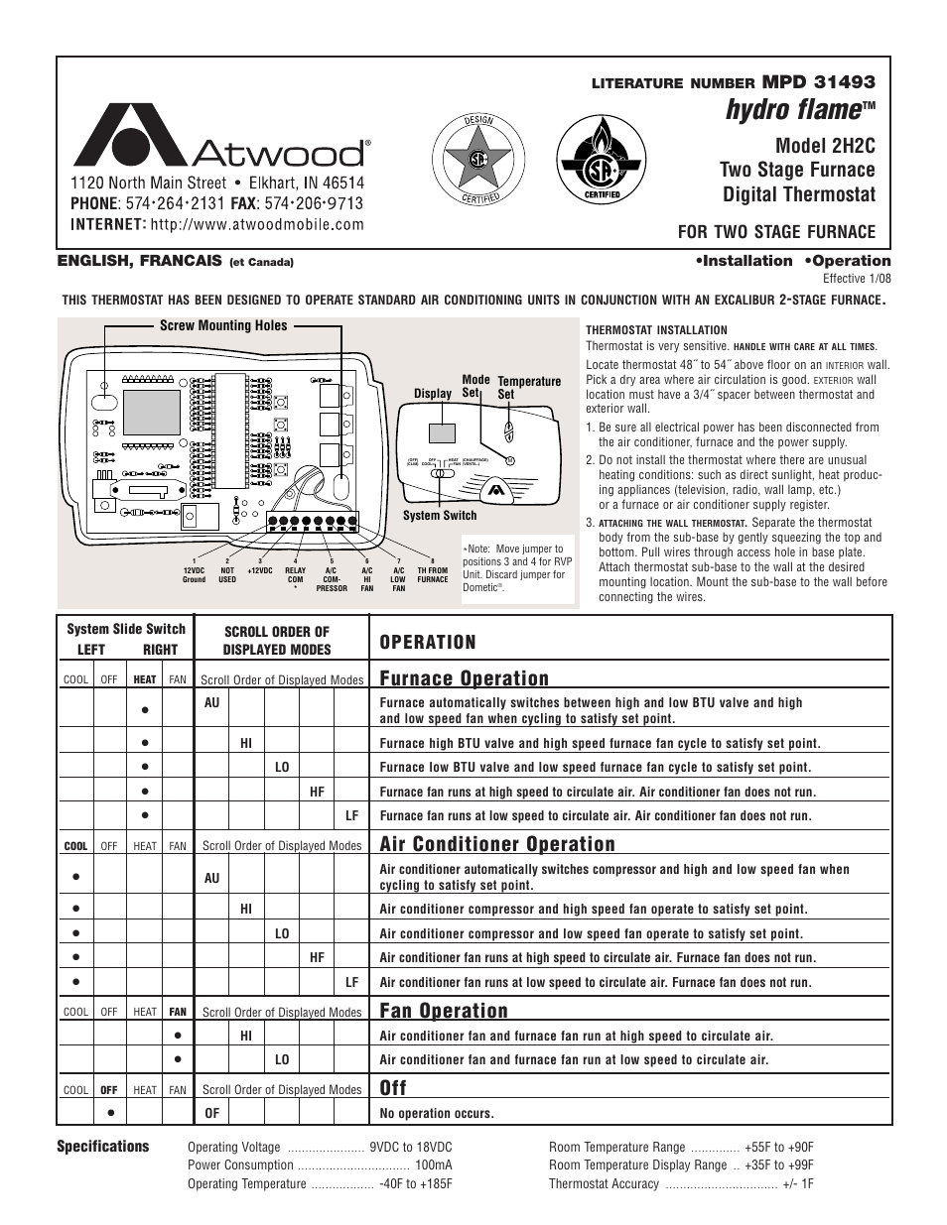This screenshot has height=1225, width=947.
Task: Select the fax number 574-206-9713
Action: [313, 203]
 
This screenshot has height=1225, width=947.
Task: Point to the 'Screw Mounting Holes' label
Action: [223, 325]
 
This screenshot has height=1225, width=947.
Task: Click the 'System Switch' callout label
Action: [440, 515]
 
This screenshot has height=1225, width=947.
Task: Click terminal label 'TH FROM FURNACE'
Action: [432, 574]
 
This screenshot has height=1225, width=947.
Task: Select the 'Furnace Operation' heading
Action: [464, 678]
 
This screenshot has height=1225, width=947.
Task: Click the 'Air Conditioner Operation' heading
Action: [497, 844]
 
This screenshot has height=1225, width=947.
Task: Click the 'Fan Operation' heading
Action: [444, 1011]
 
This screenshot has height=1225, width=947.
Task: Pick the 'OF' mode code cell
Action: [211, 1113]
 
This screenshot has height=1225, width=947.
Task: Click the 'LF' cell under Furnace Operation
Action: [351, 815]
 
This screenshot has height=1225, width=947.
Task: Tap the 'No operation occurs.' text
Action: [437, 1113]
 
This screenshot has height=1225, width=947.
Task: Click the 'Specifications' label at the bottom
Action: [102, 1146]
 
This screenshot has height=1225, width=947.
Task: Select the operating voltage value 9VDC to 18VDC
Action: [411, 1147]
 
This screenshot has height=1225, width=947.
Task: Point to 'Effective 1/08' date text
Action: [857, 279]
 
